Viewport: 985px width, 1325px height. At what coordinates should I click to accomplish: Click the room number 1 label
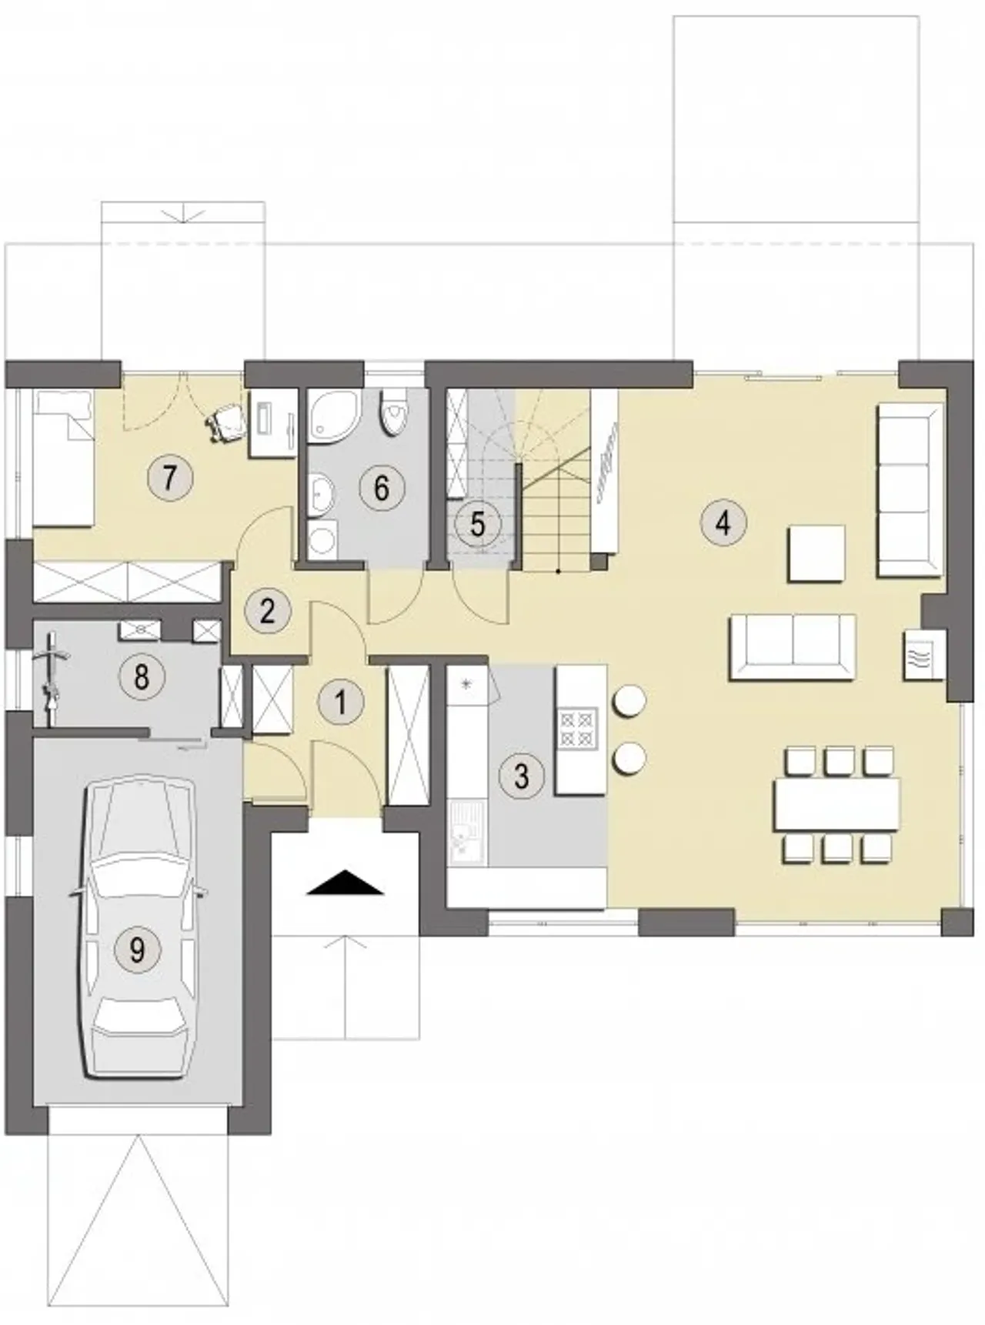[x=340, y=703]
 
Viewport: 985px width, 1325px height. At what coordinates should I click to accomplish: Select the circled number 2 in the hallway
[x=267, y=611]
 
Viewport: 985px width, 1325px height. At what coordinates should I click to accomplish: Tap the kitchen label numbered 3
[x=521, y=775]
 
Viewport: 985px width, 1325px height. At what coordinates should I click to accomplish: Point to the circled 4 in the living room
[x=722, y=523]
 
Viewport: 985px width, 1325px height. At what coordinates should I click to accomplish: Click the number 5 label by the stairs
[x=477, y=525]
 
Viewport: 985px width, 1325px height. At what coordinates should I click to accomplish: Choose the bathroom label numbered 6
[x=381, y=488]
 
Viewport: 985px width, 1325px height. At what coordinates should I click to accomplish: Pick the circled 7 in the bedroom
[x=169, y=477]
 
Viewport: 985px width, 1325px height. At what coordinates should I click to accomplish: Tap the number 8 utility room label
[x=142, y=677]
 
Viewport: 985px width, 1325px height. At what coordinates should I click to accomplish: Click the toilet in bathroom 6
[x=395, y=412]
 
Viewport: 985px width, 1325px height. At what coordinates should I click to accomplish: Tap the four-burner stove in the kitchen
[x=578, y=727]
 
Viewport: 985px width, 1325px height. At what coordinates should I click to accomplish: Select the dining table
[x=837, y=804]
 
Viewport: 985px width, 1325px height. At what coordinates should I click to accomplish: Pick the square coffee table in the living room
[x=816, y=553]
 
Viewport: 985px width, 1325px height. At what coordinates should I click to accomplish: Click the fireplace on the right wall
[x=923, y=655]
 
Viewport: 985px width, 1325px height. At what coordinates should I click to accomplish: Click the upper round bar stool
[x=628, y=701]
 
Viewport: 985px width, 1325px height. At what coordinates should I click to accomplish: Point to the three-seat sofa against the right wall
[x=910, y=490]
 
